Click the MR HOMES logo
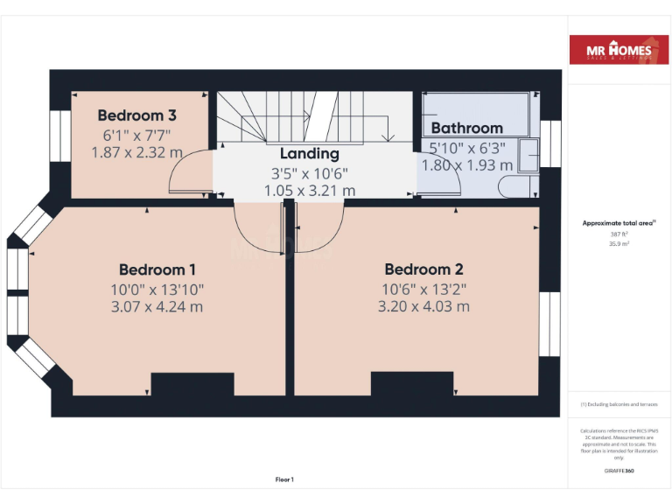click(x=619, y=51)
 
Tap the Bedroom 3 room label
click(x=136, y=115)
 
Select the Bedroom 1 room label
click(x=157, y=269)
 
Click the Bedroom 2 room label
click(x=423, y=269)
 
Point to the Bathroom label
click(x=466, y=128)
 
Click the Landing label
click(x=309, y=154)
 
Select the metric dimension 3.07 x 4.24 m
click(x=157, y=307)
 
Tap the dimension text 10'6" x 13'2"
click(x=423, y=289)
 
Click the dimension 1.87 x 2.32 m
click(x=136, y=152)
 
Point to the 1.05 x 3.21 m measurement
click(x=309, y=190)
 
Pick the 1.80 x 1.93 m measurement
click(x=466, y=164)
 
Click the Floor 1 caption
click(x=284, y=479)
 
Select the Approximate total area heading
click(x=619, y=223)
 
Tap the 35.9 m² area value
click(x=619, y=244)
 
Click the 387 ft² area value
click(x=619, y=234)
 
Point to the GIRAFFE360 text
click(x=619, y=471)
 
